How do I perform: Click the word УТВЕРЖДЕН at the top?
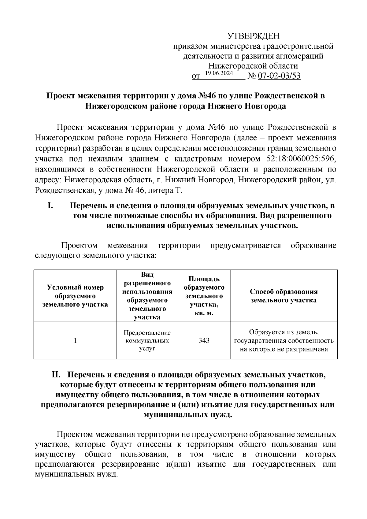254,36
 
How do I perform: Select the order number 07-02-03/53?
279,76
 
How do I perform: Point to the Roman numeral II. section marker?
57,375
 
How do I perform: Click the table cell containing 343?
204,340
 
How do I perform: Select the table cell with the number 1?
75,340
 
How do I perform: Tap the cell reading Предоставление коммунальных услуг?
147,340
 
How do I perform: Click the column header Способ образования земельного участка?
284,296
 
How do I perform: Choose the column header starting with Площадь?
204,296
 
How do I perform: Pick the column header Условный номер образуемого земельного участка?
75,296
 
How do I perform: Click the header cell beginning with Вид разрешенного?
147,296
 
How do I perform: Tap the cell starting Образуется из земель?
284,340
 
